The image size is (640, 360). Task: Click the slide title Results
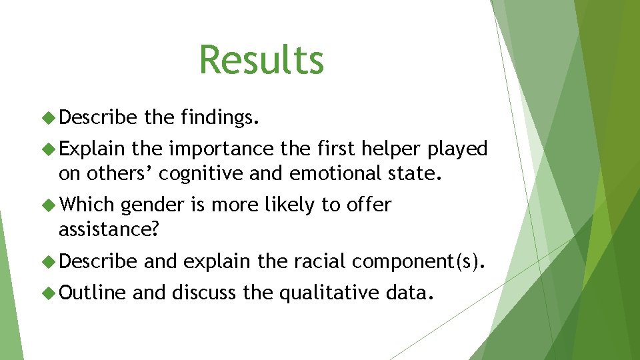(261, 59)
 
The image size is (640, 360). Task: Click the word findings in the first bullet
(217, 119)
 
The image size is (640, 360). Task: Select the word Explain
(93, 149)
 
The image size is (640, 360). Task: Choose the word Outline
(93, 291)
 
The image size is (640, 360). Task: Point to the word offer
(369, 205)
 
